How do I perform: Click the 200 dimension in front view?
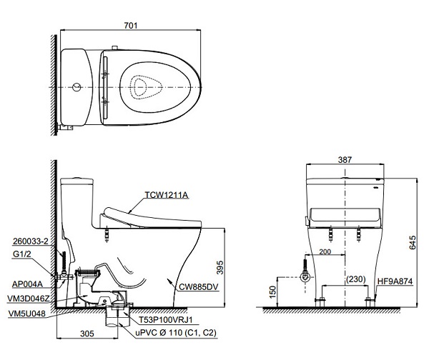click(325, 253)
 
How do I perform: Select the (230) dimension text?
click(357, 279)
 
